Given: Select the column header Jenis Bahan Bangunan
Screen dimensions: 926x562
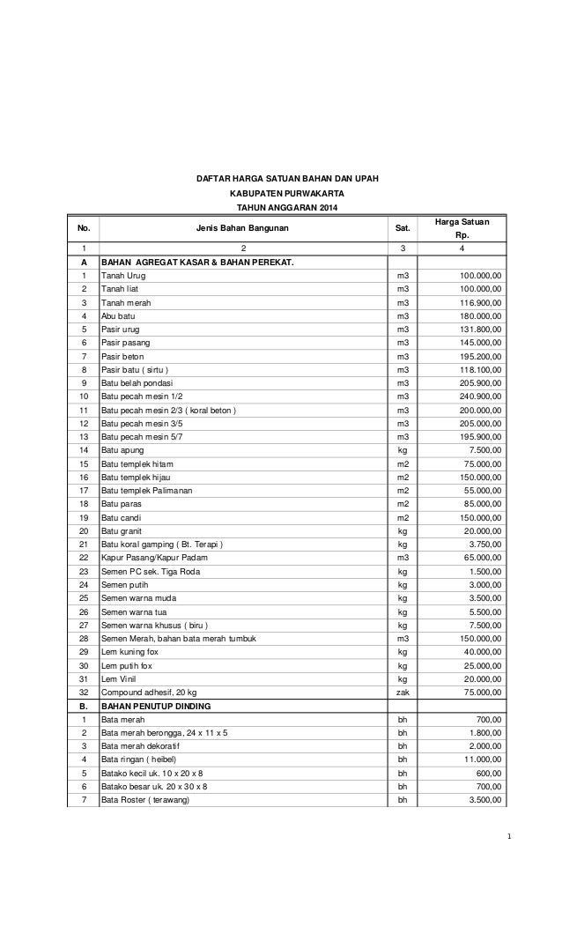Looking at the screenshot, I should pos(242,228).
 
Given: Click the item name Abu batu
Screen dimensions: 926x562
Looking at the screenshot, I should pos(117,315).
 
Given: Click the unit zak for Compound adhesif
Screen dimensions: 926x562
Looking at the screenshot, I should pos(403,693).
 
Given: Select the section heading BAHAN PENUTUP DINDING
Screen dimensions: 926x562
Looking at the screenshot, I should pos(159,706).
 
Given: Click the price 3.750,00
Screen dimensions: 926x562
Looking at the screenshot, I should pos(480,544).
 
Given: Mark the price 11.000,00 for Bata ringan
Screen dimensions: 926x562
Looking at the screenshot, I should pos(477,759).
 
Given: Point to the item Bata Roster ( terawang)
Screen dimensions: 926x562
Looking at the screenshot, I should pos(145,800).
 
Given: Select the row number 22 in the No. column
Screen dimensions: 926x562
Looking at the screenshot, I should pos(84,558).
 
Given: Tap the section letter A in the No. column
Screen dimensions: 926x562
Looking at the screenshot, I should pos(84,262).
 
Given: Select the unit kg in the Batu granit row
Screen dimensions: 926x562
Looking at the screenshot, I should pos(403,531).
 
